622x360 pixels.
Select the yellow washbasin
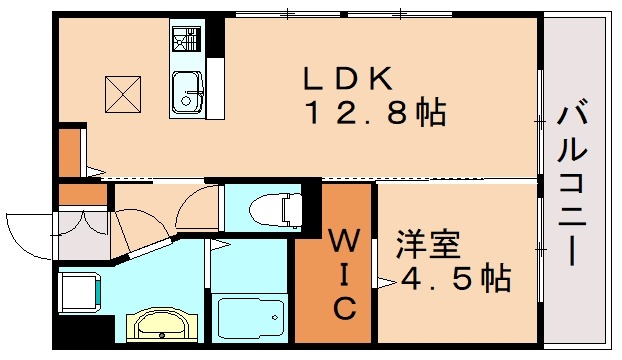(158, 325)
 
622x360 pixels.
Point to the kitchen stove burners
(186, 41)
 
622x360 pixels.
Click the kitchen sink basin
(186, 93)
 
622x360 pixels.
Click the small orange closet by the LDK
(68, 150)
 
